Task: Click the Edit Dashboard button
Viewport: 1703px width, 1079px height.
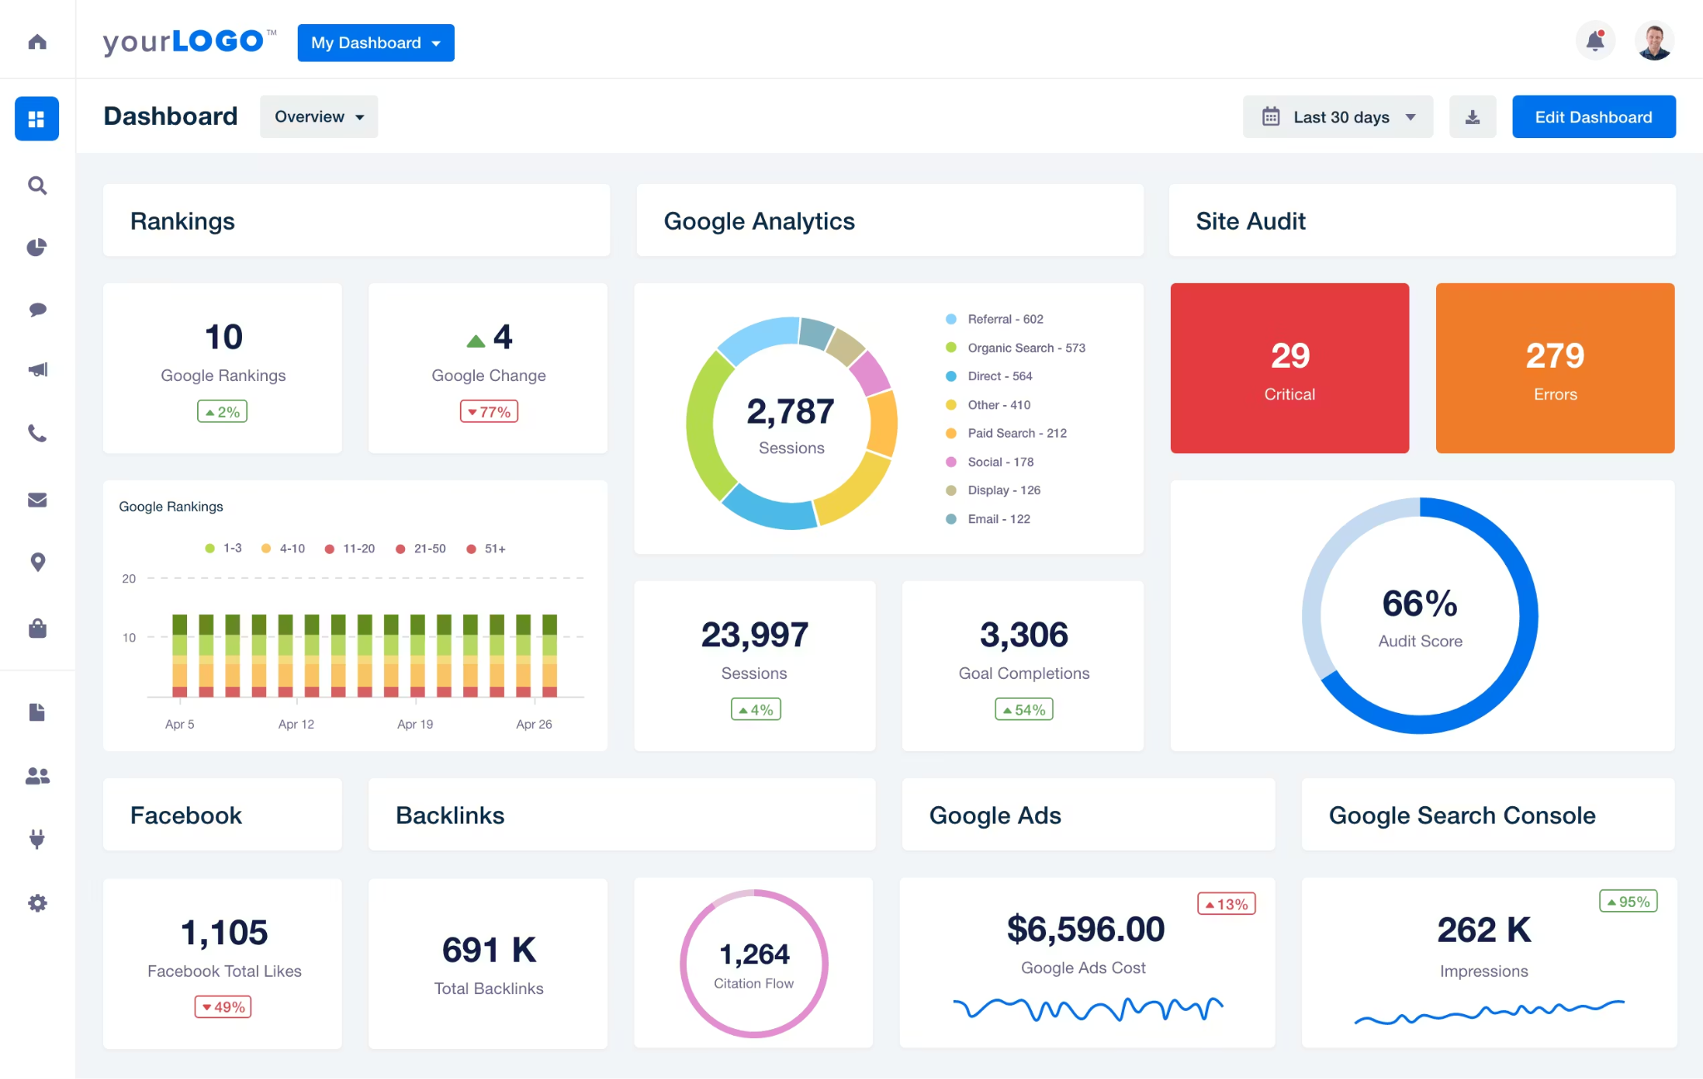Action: coord(1593,117)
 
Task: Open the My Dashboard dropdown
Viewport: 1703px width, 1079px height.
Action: coord(376,42)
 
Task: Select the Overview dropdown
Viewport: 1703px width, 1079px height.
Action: coord(318,116)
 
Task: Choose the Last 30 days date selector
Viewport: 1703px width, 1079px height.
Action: coord(1337,117)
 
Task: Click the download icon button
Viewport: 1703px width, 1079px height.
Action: coord(1473,117)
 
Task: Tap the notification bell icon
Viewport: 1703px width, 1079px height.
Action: coord(1595,41)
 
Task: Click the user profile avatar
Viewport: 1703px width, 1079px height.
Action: coord(1654,41)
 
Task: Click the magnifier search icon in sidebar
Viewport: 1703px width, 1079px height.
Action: coord(37,185)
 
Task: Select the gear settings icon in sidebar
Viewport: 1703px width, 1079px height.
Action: coord(37,903)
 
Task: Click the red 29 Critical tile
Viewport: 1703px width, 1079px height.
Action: coord(1290,369)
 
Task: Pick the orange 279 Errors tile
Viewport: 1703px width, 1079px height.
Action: coord(1555,369)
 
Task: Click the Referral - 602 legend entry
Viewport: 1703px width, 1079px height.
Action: coord(1005,319)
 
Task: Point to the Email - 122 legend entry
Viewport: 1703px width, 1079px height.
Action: coord(998,519)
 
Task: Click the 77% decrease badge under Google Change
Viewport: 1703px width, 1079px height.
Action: coord(489,412)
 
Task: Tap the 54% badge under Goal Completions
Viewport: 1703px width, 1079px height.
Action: coord(1024,710)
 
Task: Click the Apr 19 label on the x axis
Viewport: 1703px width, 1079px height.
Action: coord(415,725)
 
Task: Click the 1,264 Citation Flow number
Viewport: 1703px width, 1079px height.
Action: coord(754,954)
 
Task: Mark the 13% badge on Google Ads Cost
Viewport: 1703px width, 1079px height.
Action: coord(1227,904)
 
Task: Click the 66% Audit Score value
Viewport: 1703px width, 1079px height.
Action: coord(1419,604)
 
